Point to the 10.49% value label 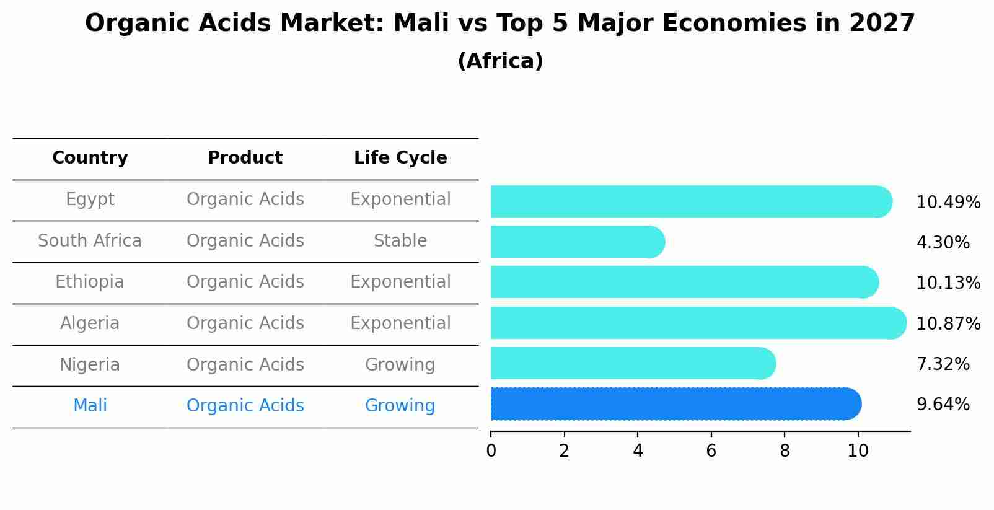point(948,203)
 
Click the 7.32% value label point(943,364)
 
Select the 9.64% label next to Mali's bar point(943,405)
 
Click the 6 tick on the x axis point(711,451)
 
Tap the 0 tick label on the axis point(491,451)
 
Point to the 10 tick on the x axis point(858,451)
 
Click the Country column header point(90,158)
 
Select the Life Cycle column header point(400,158)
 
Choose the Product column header point(245,158)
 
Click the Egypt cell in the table point(90,200)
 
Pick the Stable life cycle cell point(400,241)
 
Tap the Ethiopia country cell point(90,282)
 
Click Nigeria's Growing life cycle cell point(400,364)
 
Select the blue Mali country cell point(90,406)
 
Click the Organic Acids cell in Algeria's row point(245,323)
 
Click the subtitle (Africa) point(500,61)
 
